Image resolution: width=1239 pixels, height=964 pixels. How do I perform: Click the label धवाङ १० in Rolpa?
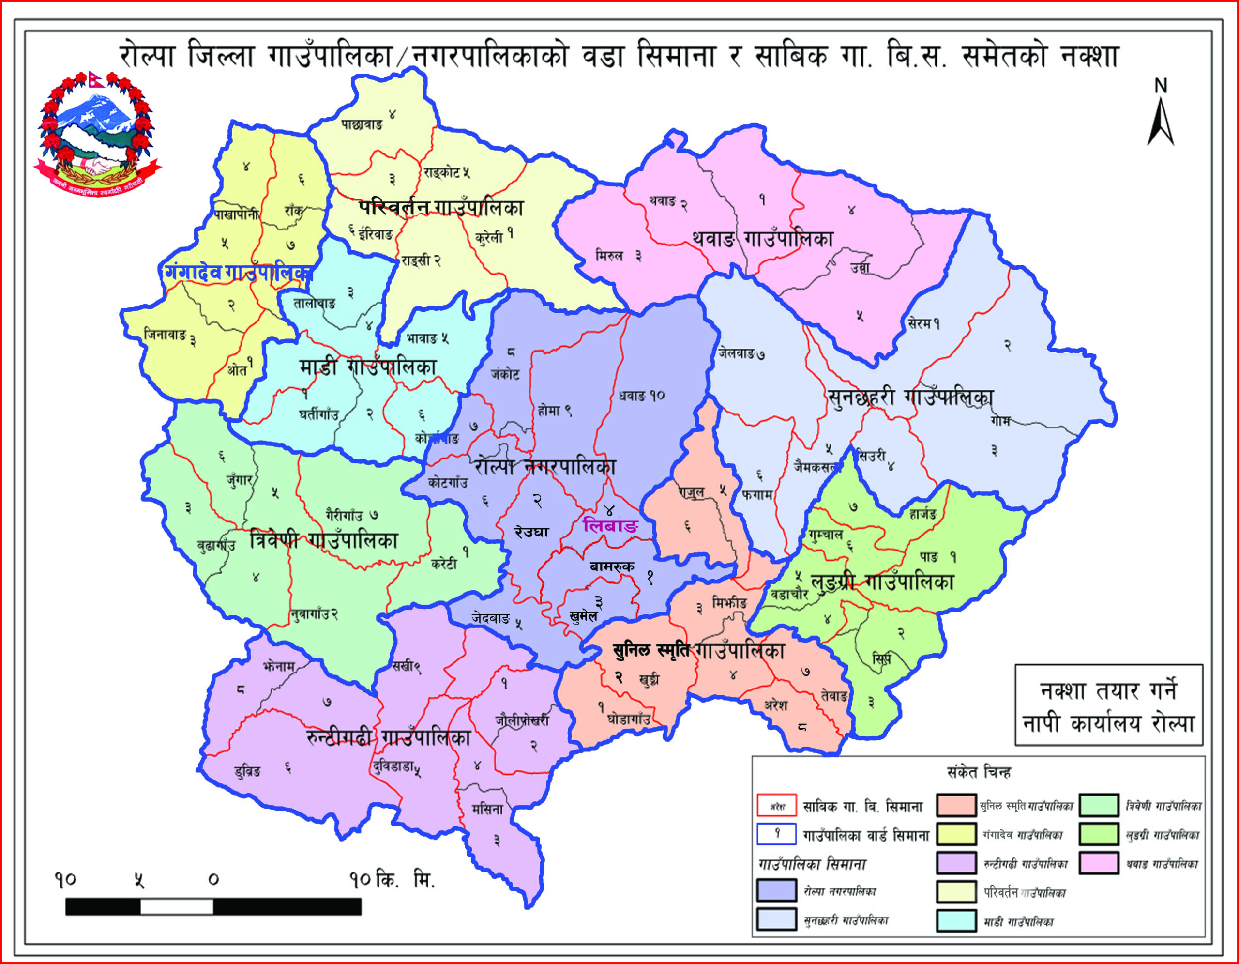click(x=642, y=396)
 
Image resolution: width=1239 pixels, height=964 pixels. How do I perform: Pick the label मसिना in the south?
click(x=487, y=810)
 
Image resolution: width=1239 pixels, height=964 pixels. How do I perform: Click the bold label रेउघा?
click(x=531, y=532)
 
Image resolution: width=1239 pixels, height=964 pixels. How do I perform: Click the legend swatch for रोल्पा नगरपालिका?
click(x=776, y=890)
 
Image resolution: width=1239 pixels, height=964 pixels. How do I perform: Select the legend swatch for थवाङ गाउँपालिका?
click(x=1099, y=862)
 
